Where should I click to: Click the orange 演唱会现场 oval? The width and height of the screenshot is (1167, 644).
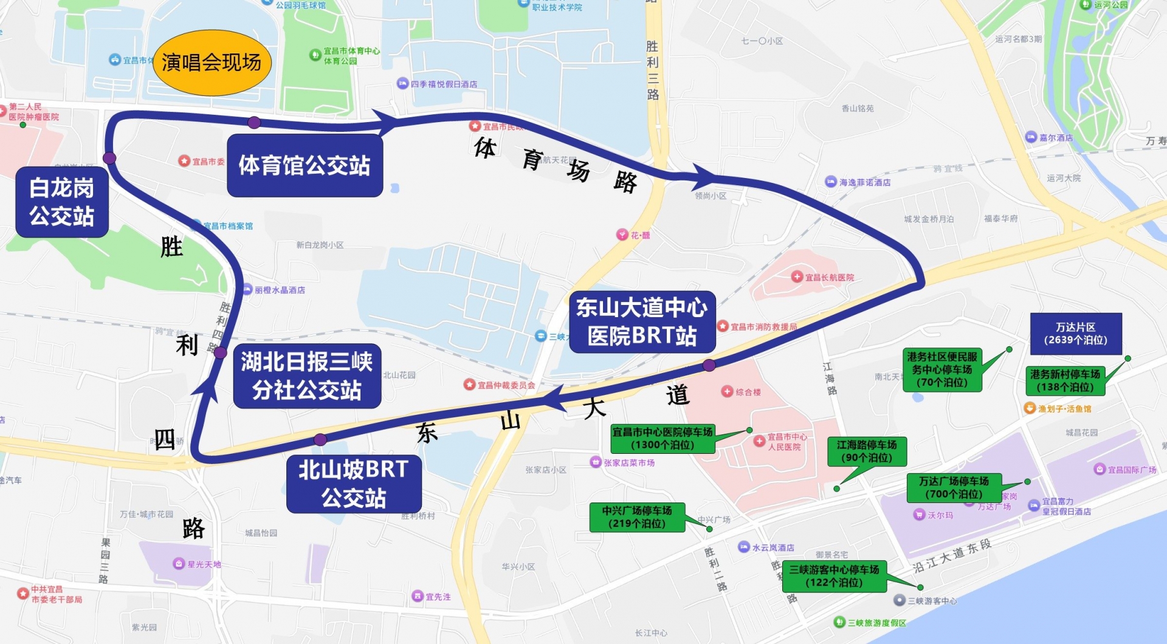[x=212, y=63]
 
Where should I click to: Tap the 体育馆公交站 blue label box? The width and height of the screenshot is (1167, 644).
[x=305, y=165]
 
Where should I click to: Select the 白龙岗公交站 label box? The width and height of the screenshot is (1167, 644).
[x=62, y=202]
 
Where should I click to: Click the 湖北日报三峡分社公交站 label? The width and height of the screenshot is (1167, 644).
[x=307, y=375]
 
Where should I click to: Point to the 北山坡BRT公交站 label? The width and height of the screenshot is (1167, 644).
[x=354, y=484]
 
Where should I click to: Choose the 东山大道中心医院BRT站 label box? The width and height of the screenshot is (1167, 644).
[x=642, y=321]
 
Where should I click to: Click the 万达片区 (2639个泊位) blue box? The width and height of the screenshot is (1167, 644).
[x=1075, y=334]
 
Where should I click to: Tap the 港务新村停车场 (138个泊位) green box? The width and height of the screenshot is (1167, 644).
[x=1065, y=381]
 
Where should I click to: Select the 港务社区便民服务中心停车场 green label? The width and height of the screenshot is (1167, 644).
[x=942, y=369]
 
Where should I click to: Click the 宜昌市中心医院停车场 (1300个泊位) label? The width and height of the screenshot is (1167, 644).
[x=663, y=438]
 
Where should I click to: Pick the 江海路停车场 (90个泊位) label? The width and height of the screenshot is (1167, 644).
[x=867, y=451]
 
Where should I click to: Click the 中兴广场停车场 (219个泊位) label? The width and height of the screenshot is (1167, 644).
[x=637, y=517]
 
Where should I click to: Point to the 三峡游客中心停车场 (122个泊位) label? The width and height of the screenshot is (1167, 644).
[x=834, y=576]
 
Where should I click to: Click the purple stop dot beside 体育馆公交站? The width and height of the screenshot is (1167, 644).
[x=254, y=123]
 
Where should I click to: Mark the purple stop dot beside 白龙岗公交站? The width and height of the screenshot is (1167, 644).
[x=109, y=158]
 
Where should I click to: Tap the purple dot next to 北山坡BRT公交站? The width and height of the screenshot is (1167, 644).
[x=320, y=439]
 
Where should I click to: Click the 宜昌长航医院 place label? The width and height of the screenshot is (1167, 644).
[x=829, y=278]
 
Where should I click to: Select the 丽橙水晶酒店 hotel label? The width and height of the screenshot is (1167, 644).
[x=280, y=290]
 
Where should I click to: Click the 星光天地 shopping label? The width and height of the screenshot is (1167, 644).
[x=204, y=564]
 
